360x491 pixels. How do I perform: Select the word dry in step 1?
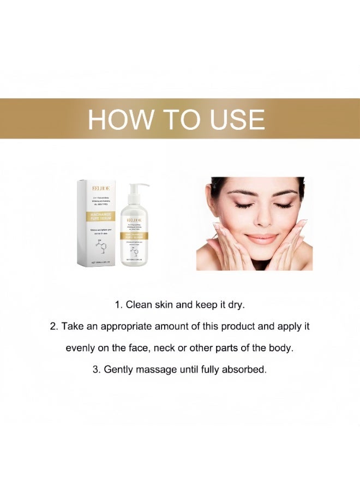(236, 304)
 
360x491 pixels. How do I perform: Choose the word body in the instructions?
(282, 348)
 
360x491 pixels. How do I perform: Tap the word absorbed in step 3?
(246, 369)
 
